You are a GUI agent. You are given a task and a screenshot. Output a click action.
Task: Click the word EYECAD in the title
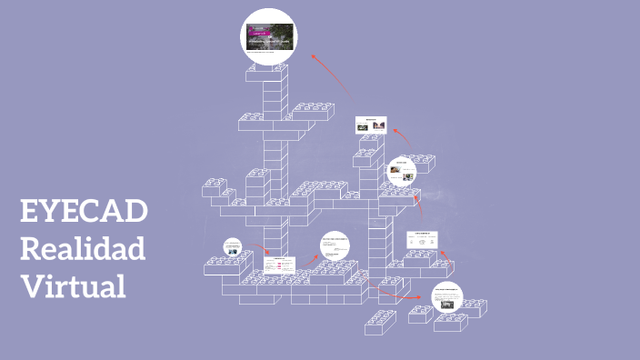[x=83, y=212]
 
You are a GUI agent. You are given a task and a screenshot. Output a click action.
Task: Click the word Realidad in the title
[x=83, y=248]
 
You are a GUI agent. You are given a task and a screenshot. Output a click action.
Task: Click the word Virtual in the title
[x=73, y=285]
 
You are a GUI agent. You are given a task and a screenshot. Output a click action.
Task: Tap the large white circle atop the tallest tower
[x=267, y=39]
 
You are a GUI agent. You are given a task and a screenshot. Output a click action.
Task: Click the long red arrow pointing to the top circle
[x=329, y=73]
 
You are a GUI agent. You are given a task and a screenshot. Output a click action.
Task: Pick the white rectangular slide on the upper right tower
[x=371, y=125]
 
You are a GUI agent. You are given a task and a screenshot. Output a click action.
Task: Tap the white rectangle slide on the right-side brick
[x=422, y=239]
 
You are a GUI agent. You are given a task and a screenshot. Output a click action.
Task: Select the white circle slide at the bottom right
[x=446, y=296]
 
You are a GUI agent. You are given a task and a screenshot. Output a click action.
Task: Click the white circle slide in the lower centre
[x=335, y=246]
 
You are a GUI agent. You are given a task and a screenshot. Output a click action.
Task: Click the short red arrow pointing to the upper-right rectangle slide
[x=401, y=136]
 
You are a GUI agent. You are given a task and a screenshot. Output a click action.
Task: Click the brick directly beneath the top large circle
[x=268, y=74]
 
